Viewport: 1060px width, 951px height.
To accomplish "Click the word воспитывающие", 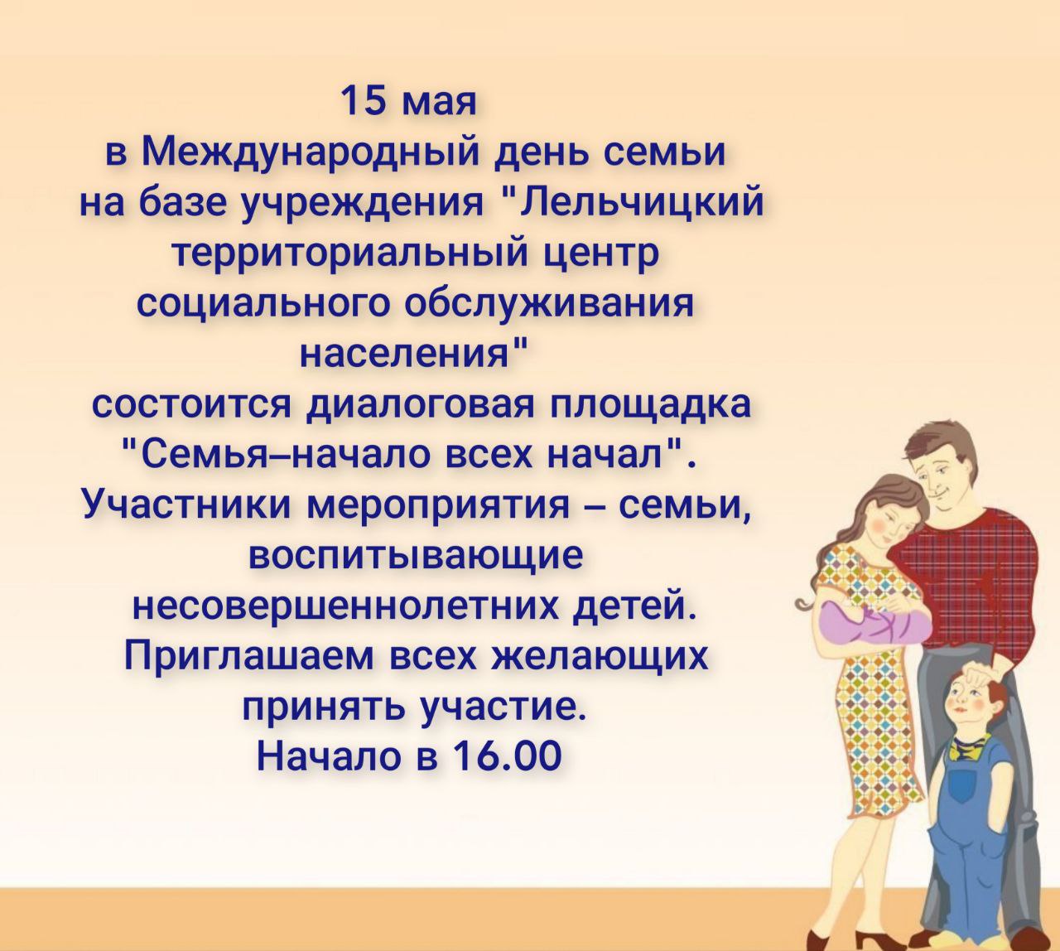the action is pyautogui.click(x=415, y=558).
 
